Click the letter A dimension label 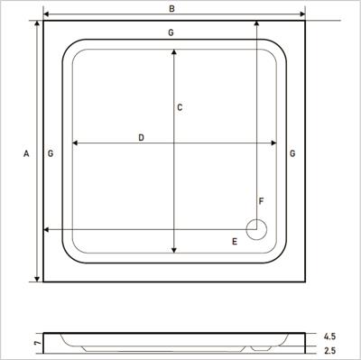26,154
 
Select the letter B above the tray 171,8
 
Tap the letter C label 180,108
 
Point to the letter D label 142,137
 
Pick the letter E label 234,241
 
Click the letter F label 261,200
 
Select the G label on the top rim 171,33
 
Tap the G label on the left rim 51,154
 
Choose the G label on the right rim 293,154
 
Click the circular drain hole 256,229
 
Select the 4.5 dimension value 329,337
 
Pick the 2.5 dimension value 329,350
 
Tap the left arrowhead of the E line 47,229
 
